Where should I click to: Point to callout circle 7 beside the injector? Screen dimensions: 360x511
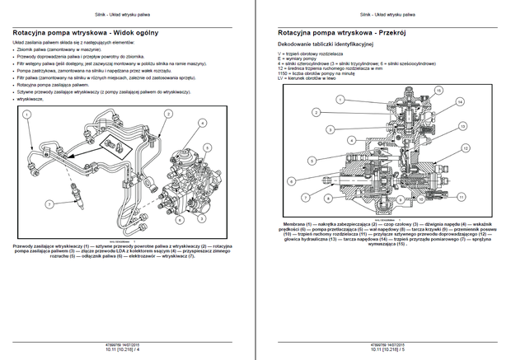point(49,203)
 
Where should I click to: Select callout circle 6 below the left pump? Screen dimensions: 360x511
point(179,220)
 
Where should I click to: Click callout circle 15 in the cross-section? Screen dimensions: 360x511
point(438,90)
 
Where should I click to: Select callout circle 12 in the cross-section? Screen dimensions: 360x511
point(465,148)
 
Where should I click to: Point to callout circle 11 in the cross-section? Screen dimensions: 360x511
point(461,197)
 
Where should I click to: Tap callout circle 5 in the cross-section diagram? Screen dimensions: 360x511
point(312,160)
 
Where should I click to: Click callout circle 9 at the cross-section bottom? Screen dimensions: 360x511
point(400,199)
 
